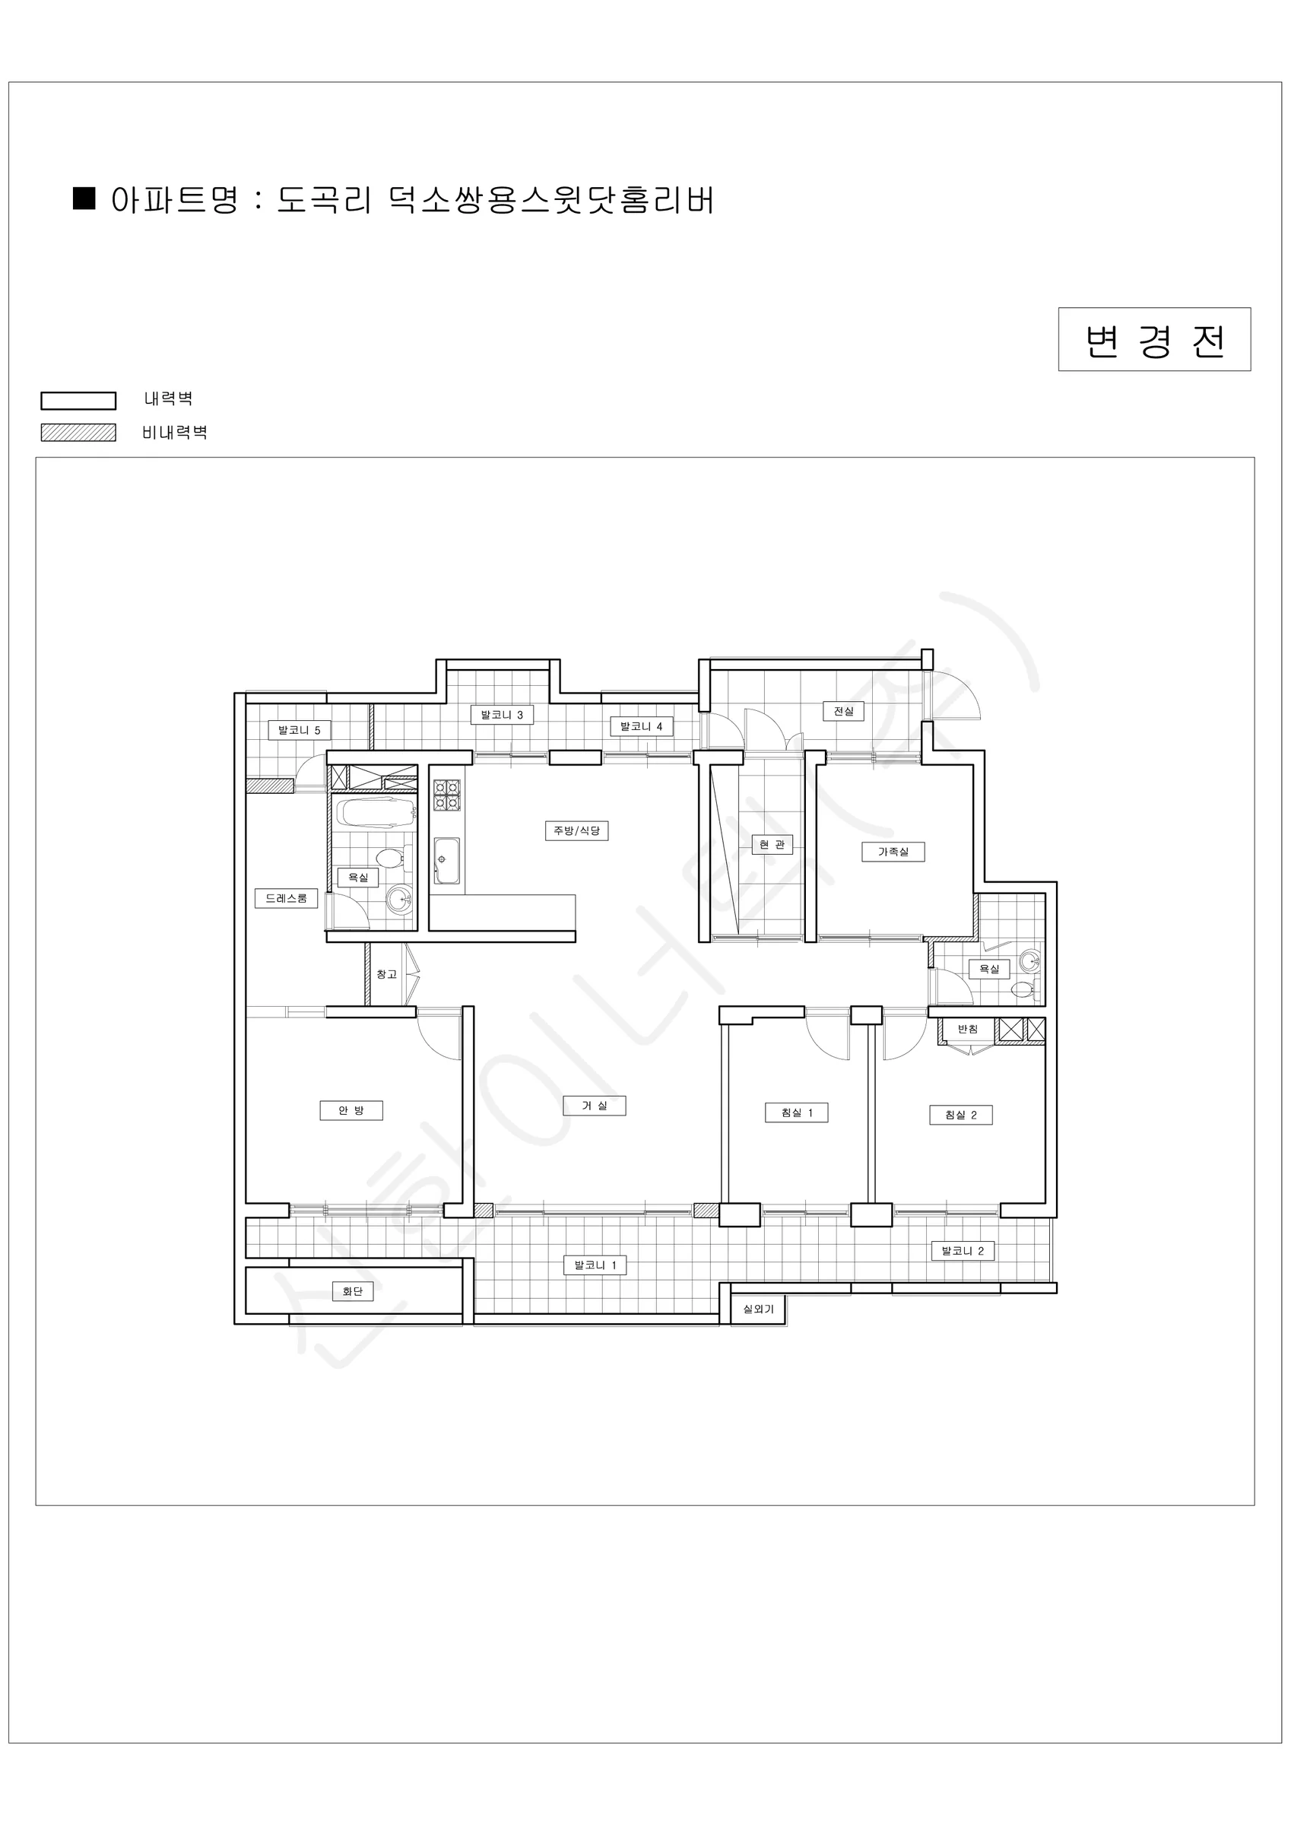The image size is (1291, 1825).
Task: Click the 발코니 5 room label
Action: [299, 730]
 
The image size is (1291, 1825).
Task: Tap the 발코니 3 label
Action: [502, 715]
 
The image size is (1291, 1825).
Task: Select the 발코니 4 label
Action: [642, 725]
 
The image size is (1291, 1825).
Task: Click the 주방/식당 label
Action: [576, 830]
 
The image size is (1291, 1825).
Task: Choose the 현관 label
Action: [772, 844]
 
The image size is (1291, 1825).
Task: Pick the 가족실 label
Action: [893, 852]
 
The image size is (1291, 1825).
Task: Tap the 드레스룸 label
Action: [286, 898]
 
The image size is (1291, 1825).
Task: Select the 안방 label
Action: [351, 1110]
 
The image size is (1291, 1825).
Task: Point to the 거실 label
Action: [595, 1106]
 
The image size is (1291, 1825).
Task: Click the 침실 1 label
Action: [797, 1112]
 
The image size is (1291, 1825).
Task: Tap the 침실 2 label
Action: [961, 1115]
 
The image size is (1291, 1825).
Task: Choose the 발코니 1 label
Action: [595, 1265]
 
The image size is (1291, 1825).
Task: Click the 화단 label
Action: [353, 1291]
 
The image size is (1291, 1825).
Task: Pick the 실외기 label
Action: [758, 1309]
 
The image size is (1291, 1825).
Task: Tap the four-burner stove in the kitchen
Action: [447, 795]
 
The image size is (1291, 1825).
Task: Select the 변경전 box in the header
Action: [1154, 339]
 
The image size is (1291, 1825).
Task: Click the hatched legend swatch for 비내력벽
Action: [79, 433]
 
